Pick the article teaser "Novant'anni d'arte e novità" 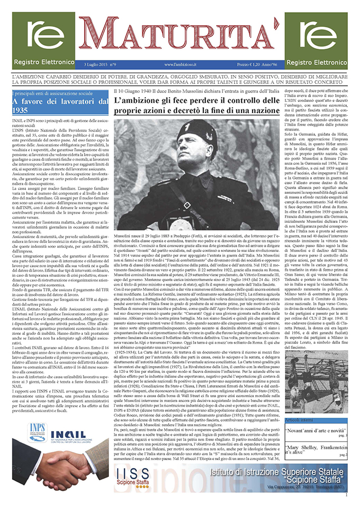(x=315, y=416)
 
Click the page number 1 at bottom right (x=345, y=494)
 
